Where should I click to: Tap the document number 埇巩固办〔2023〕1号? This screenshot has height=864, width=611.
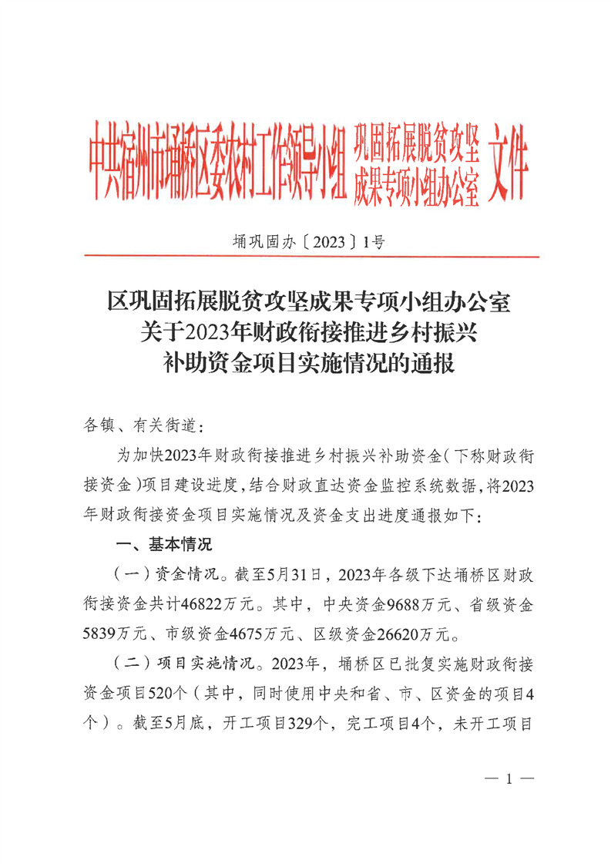pos(308,242)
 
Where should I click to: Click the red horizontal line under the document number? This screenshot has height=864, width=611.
pos(308,257)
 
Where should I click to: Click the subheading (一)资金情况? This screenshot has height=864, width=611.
pos(160,575)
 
